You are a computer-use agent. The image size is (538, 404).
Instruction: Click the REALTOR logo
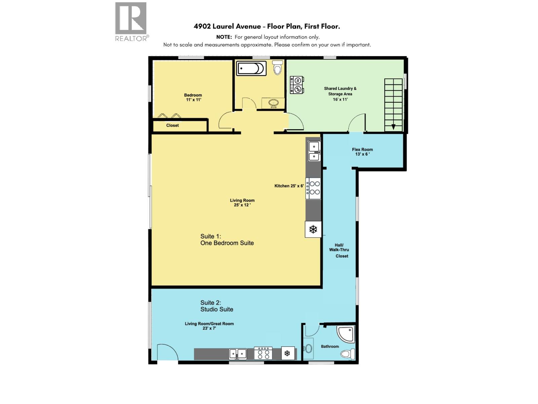[131, 21]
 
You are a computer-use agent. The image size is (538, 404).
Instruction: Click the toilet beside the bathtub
[277, 68]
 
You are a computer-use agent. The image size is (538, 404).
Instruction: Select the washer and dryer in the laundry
[297, 85]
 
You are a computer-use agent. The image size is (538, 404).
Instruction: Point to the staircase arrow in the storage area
[393, 127]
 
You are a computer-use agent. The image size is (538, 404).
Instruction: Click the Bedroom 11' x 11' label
[193, 97]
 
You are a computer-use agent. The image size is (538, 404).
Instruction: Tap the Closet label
[172, 126]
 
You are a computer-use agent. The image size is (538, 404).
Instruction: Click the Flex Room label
[362, 152]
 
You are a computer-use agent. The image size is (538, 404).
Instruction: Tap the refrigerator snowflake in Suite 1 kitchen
[313, 230]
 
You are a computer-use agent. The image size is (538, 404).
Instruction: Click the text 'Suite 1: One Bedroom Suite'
[227, 240]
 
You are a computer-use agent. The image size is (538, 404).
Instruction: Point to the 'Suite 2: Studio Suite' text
[217, 306]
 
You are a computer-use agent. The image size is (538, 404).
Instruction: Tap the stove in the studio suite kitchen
[263, 353]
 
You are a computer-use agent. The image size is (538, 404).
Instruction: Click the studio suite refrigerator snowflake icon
[287, 353]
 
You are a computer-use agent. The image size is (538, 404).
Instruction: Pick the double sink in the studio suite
[238, 354]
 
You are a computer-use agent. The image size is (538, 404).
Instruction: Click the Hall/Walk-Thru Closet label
[339, 250]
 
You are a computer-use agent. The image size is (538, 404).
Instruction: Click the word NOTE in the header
[224, 37]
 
